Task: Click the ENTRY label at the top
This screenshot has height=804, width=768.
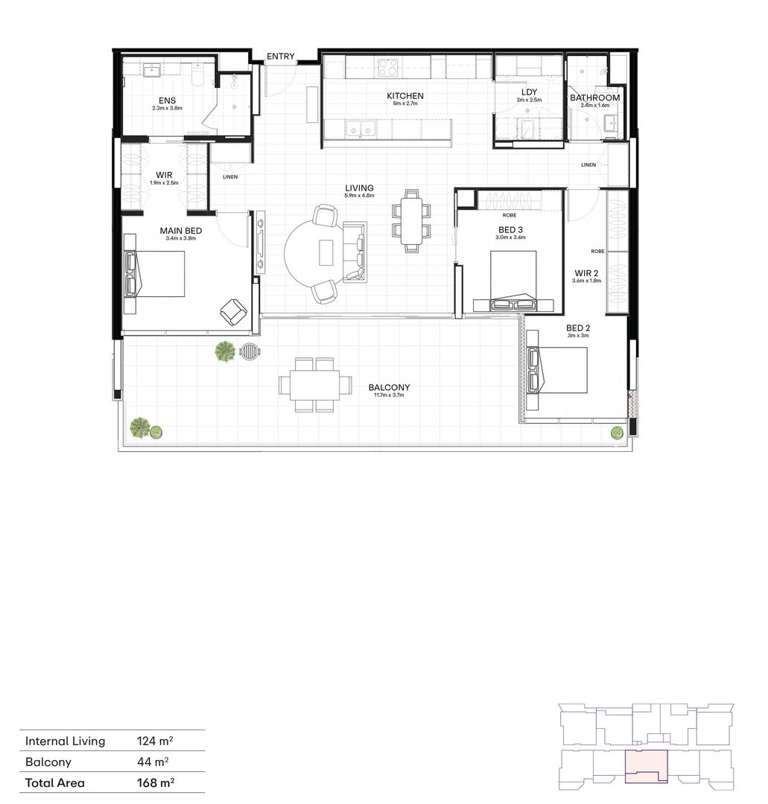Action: tap(281, 56)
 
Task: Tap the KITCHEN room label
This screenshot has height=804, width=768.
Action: tap(404, 96)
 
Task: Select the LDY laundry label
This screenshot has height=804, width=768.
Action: tap(529, 92)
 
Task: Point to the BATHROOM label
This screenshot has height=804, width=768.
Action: tap(594, 98)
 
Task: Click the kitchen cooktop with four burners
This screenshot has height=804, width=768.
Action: tap(388, 68)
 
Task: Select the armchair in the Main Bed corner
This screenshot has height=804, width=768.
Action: tap(234, 312)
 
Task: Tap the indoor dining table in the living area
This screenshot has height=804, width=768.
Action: tap(411, 221)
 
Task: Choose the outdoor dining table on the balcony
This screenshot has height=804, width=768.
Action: tap(315, 384)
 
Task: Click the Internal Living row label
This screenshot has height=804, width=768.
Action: tap(66, 741)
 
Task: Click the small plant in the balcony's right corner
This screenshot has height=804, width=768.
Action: tap(617, 433)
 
